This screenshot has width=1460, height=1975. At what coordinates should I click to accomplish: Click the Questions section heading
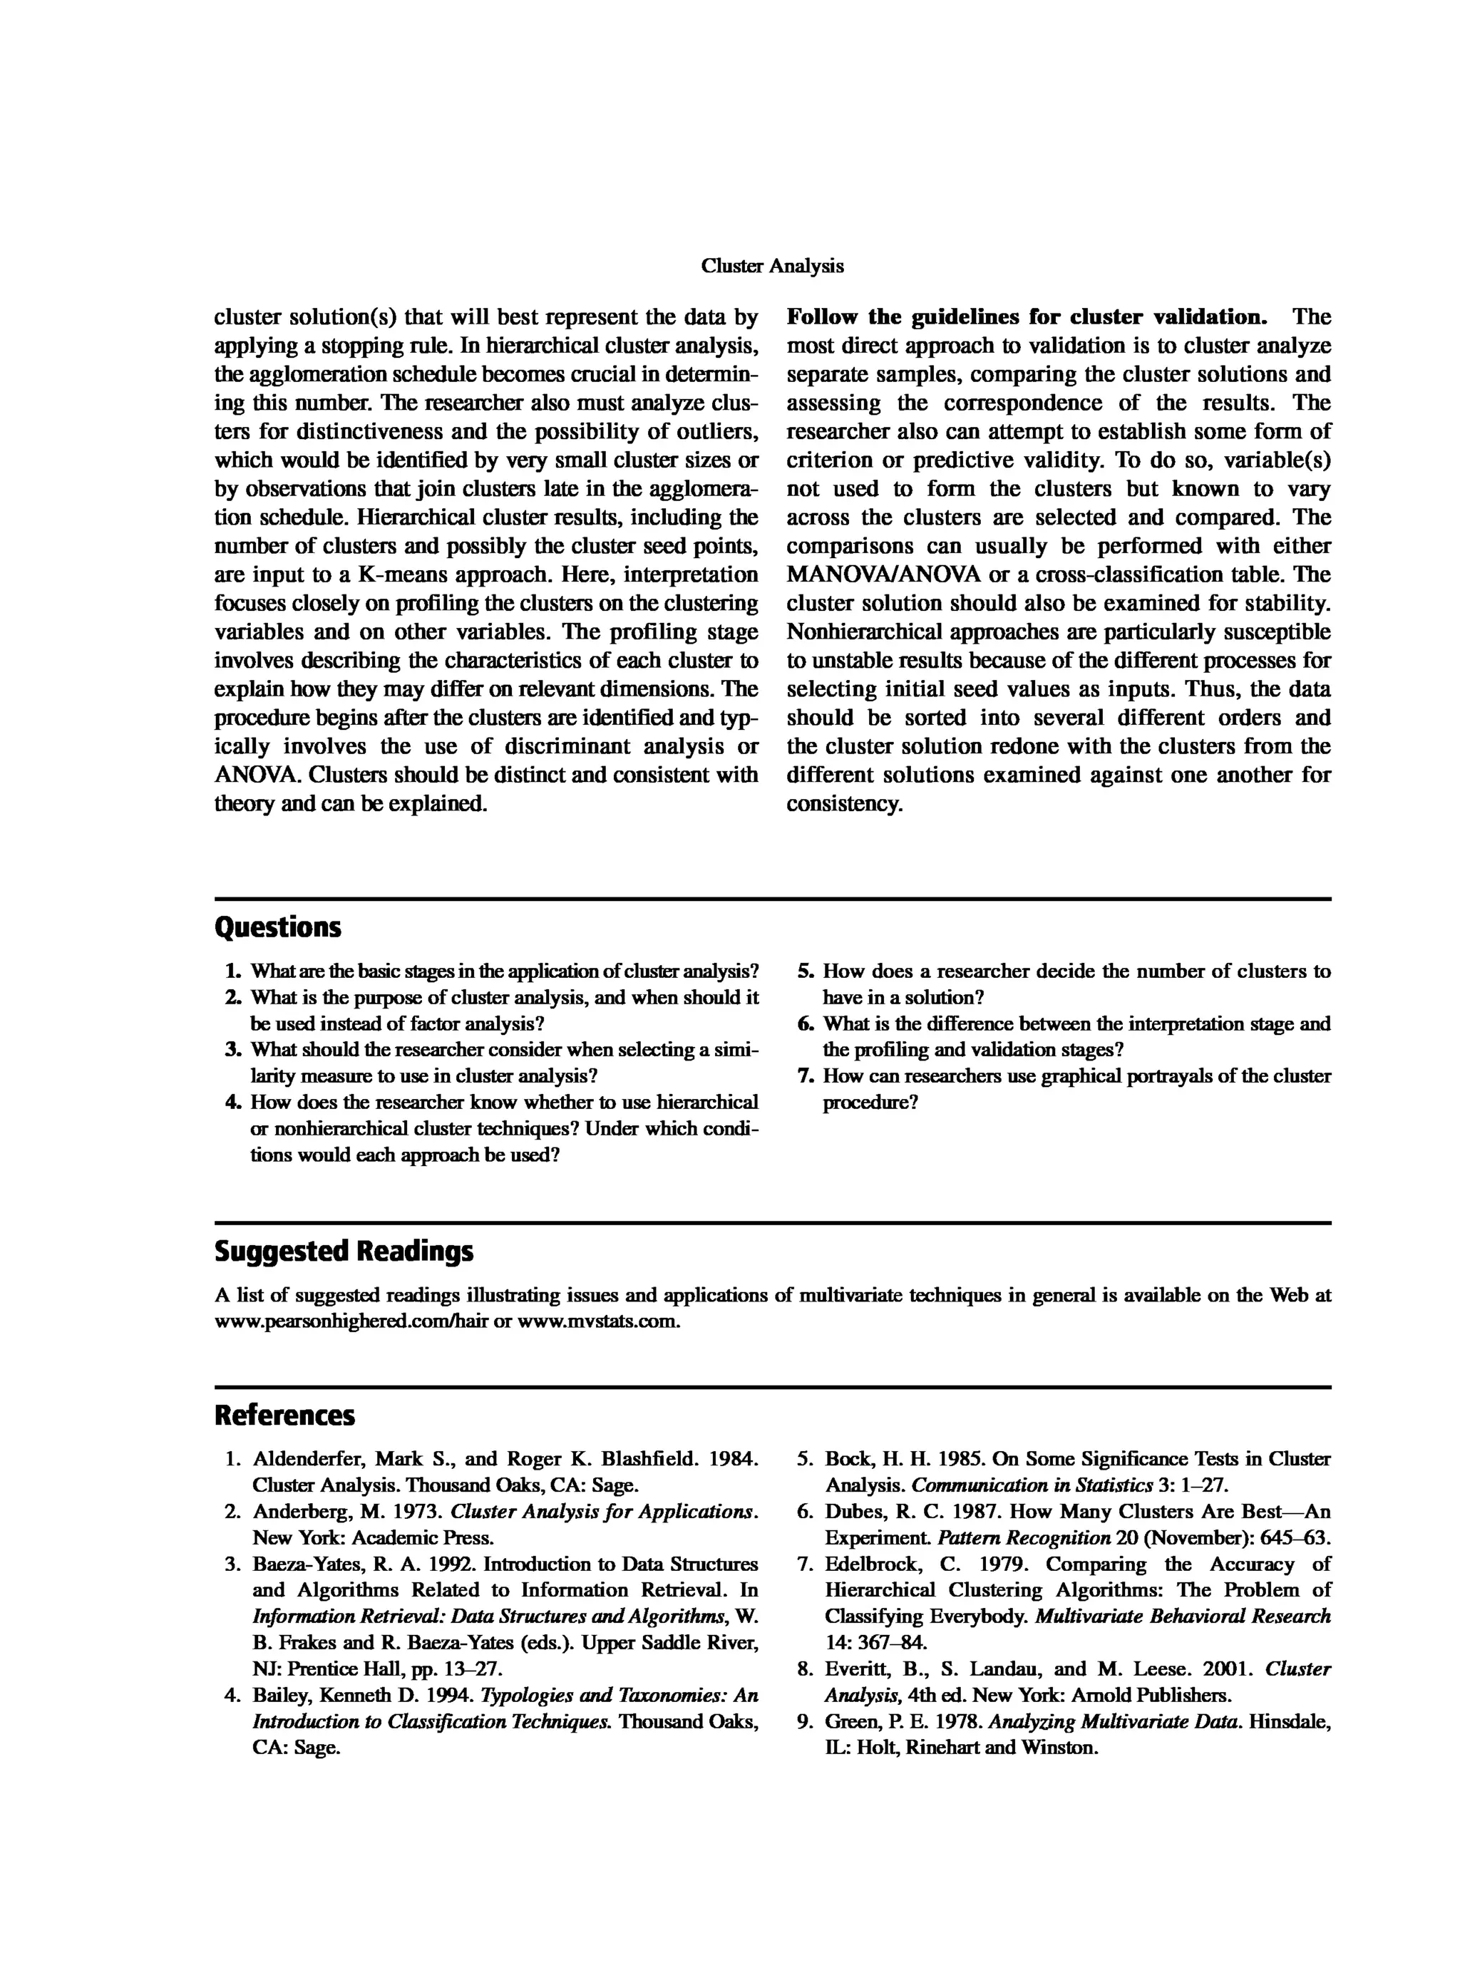point(277,928)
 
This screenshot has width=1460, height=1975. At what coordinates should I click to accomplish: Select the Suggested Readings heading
point(344,1252)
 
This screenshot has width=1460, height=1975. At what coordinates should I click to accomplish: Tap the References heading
point(284,1415)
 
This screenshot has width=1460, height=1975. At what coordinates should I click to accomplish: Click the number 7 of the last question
point(805,1076)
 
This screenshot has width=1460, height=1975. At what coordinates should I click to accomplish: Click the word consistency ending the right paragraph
point(843,805)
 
